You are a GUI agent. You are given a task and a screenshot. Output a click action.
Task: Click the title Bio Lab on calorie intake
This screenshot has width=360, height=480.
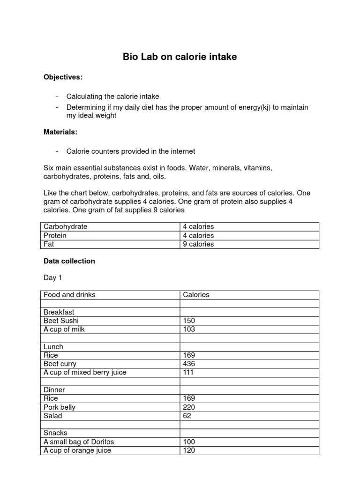coord(180,57)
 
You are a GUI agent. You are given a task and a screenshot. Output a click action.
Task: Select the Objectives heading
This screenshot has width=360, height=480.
coord(63,77)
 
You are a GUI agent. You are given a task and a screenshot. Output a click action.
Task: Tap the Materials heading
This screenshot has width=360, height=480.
coord(60,132)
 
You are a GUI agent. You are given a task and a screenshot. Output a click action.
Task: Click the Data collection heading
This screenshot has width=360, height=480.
coord(69,261)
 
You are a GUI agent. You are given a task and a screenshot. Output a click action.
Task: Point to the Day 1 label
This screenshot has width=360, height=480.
coord(52,278)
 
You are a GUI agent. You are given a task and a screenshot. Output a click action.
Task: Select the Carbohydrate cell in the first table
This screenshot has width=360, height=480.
coord(66,227)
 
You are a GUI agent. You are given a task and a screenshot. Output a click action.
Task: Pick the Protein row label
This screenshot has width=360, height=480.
coord(55,235)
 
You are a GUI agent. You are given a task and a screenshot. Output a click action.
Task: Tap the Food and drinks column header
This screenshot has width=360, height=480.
coord(69,295)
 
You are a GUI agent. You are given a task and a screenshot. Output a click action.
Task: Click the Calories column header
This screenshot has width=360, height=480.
coord(196,295)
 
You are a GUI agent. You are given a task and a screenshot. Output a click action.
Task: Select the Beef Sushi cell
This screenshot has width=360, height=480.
coord(61,321)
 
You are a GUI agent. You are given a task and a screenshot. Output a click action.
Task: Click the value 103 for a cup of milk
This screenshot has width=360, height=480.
coord(189,330)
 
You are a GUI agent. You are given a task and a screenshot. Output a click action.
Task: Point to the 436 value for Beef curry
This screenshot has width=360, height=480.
coord(189,364)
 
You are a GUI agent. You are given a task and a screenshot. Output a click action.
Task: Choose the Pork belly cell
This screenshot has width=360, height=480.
coord(59,407)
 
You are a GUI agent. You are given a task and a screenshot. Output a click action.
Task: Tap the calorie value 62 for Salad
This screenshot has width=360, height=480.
coord(187,416)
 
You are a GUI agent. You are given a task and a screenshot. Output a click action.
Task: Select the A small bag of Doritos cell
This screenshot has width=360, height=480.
coord(79,442)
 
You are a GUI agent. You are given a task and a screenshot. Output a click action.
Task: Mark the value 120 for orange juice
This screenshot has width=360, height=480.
coord(189,450)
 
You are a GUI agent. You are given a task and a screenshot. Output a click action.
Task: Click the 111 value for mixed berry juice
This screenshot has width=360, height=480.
coord(189,373)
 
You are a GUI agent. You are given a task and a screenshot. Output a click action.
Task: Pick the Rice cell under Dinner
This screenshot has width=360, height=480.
coord(51,398)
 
